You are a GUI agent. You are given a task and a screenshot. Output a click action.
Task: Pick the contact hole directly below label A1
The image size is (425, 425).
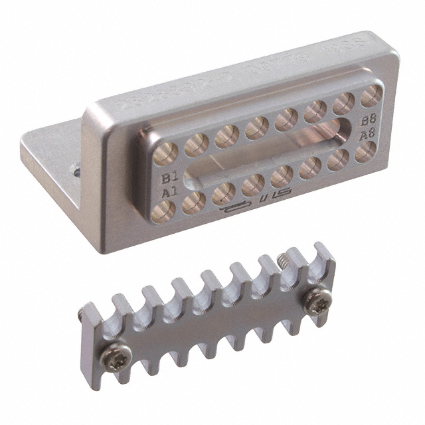point(164,211)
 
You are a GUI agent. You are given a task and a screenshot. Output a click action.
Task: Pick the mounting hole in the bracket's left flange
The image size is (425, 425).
point(76,171)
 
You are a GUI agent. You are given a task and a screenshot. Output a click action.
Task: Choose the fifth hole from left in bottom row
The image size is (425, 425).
point(282,175)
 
